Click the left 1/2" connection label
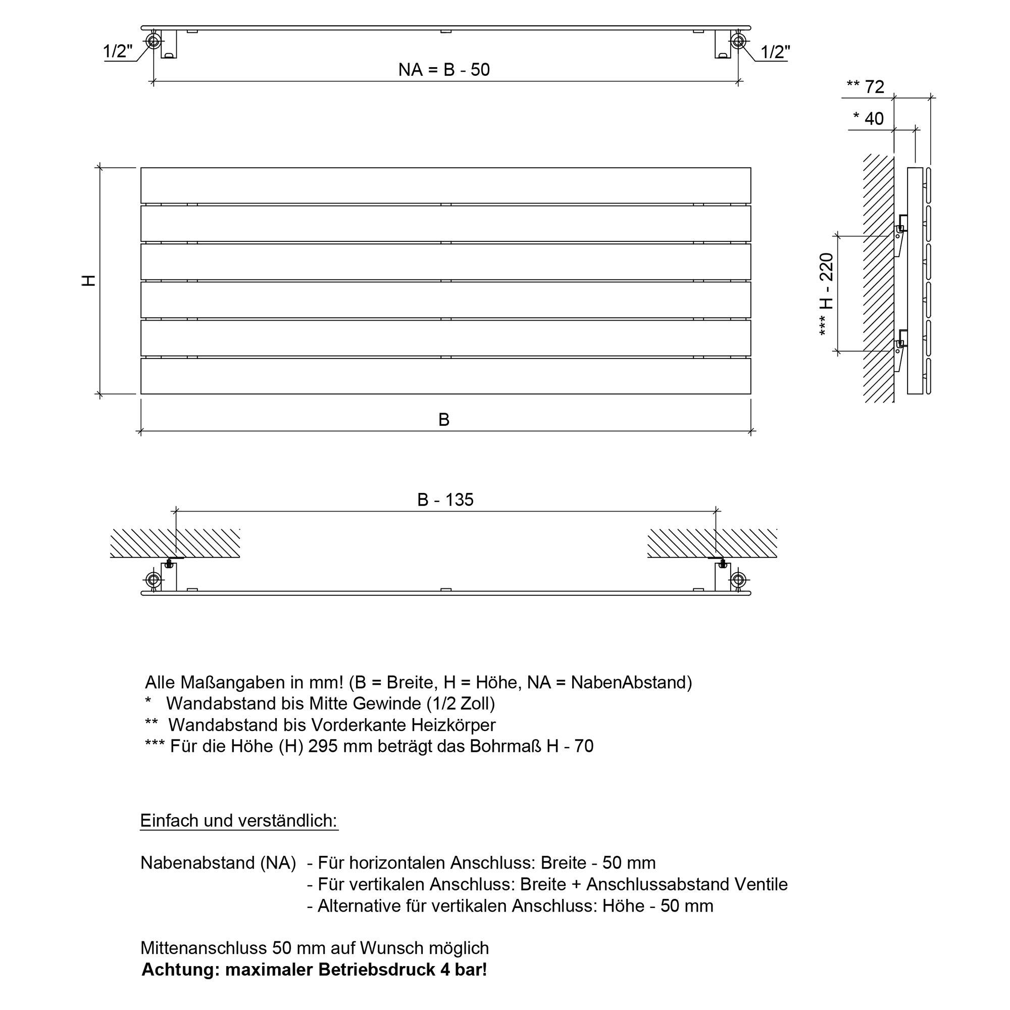pos(118,52)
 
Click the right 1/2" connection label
pos(775,52)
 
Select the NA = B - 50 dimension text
pos(444,70)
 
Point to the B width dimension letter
pos(444,419)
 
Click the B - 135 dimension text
pos(445,500)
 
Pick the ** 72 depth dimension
pos(866,87)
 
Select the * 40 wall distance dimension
pos(868,119)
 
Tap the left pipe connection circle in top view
pos(153,41)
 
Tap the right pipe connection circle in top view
pos(738,41)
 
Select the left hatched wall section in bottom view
pos(175,543)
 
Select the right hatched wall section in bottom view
pos(712,543)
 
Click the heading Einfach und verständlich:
pos(239,820)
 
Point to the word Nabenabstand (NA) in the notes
pos(218,863)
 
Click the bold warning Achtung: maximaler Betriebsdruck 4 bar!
pos(314,970)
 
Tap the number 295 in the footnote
pos(323,746)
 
